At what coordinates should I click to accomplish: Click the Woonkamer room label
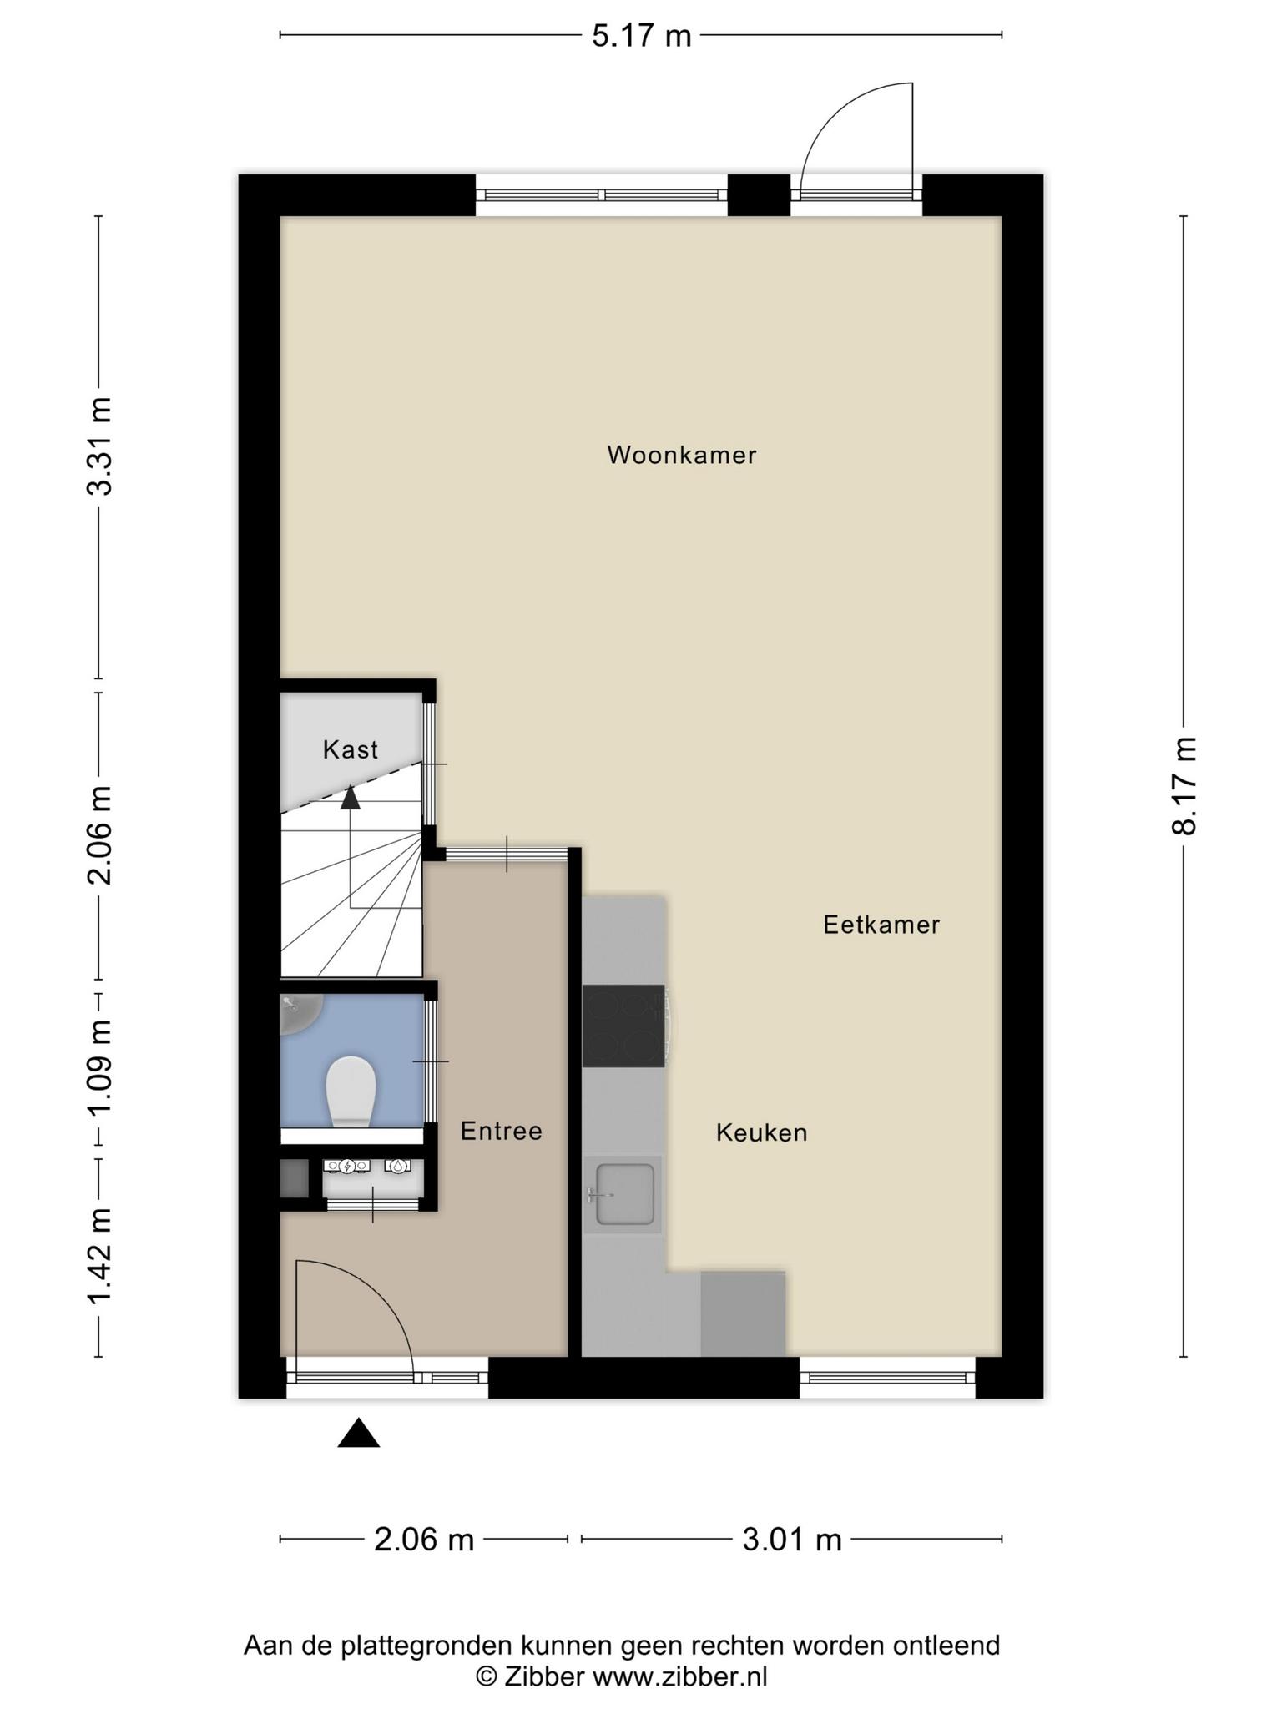tap(682, 455)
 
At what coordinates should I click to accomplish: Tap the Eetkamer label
tap(881, 925)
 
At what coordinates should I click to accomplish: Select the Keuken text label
tap(761, 1132)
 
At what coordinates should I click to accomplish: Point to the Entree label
tap(501, 1131)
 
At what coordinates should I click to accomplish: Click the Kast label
tap(351, 749)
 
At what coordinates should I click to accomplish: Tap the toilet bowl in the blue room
tap(351, 1091)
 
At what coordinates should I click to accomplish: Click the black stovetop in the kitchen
tap(623, 1026)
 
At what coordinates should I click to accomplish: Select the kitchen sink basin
tap(624, 1195)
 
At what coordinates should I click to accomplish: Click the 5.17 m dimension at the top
tap(642, 36)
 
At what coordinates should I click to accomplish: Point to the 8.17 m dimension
tap(1184, 785)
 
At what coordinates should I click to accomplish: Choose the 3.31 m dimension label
tap(100, 447)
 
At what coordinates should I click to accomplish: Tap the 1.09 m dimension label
tap(100, 1066)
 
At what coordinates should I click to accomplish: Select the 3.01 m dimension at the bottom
tap(792, 1540)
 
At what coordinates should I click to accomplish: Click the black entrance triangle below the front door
tap(359, 1433)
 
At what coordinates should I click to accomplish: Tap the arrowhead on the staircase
tap(351, 798)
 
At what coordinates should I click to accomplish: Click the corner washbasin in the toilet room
tap(299, 1012)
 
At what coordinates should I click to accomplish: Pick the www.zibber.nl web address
tap(679, 1676)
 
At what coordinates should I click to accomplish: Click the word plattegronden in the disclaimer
tap(430, 1646)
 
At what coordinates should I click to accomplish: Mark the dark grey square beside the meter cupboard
tap(295, 1179)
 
